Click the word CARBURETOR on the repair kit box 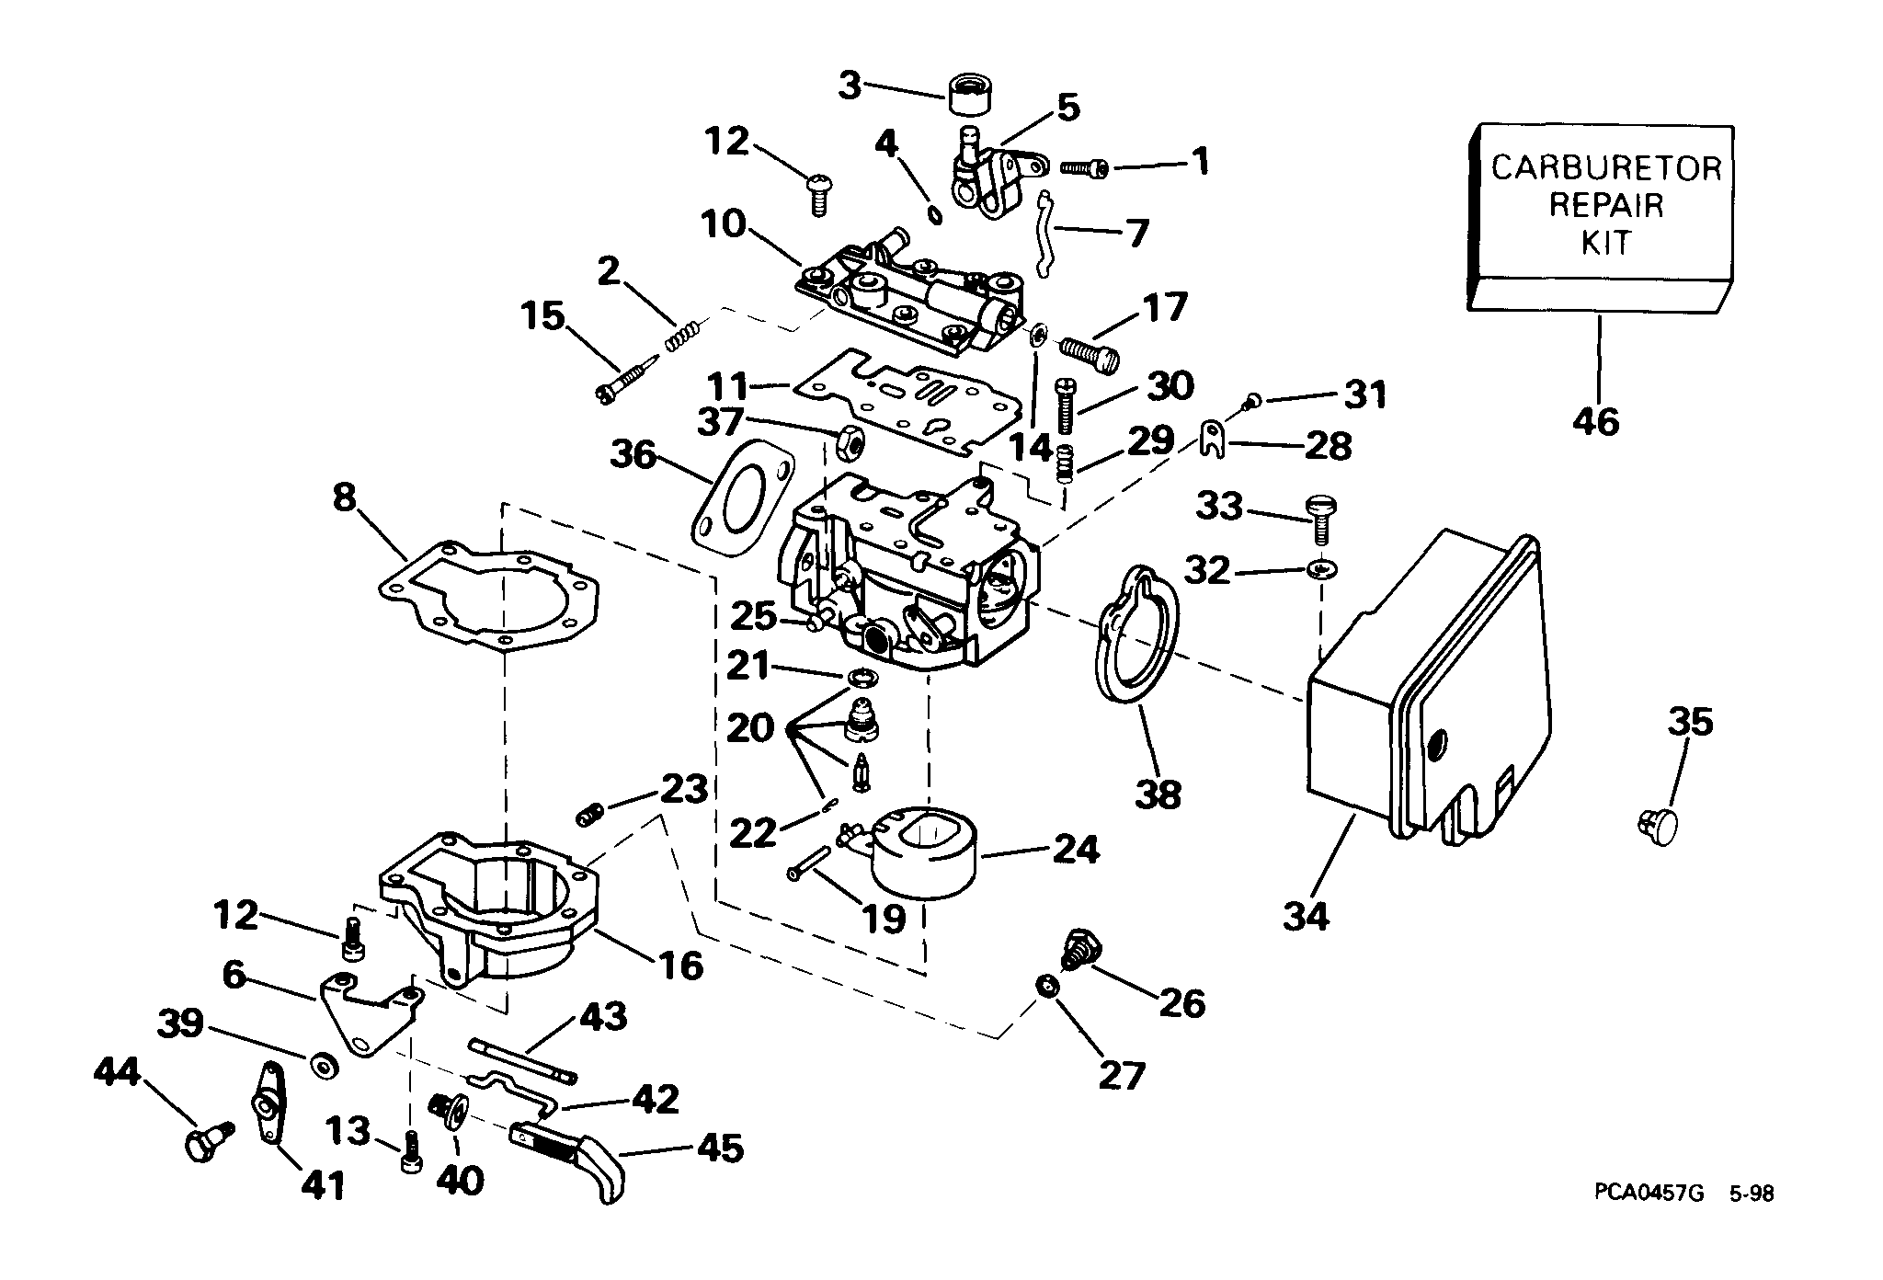(1605, 168)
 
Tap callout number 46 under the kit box (1596, 422)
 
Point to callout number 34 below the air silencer (1306, 916)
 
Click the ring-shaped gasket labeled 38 (1135, 648)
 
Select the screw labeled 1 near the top (1085, 167)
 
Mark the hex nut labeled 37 (850, 443)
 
